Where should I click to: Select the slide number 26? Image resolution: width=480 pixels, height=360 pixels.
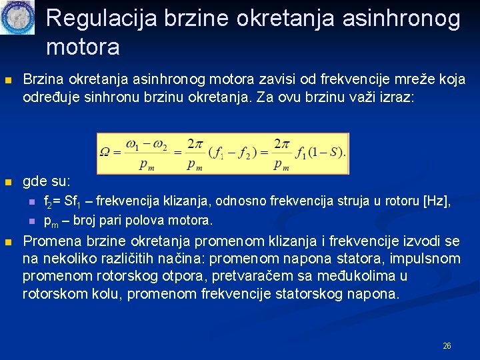click(x=447, y=346)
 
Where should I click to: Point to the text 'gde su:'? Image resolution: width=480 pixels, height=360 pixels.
click(x=46, y=181)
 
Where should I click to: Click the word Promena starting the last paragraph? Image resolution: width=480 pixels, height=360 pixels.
click(x=52, y=241)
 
